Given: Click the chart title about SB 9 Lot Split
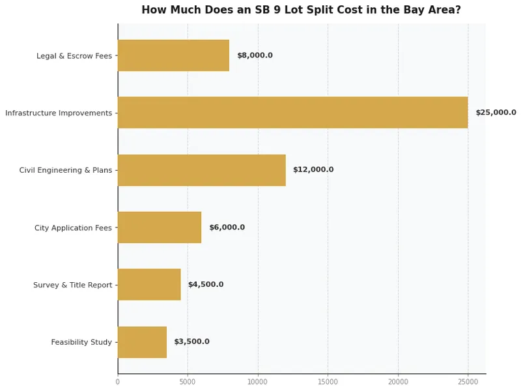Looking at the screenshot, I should tap(301, 10).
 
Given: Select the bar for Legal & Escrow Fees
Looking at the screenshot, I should tap(173, 55).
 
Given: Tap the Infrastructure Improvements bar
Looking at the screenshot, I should tap(292, 113).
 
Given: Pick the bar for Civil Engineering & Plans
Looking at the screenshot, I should tap(201, 170).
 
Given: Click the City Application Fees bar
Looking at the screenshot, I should tap(160, 227).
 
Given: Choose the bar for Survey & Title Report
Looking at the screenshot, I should tap(149, 285).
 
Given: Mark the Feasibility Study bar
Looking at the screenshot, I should tap(142, 342).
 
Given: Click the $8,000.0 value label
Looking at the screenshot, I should tap(255, 55).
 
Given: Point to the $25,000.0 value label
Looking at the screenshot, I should tap(496, 113).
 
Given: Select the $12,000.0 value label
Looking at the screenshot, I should tap(313, 170).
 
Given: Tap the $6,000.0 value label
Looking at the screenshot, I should tap(227, 227).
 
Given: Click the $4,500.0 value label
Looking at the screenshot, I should tap(206, 285).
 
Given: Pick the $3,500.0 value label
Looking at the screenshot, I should tap(191, 342).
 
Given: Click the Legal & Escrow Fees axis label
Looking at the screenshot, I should tap(74, 56).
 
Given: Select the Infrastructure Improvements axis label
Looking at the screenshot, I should tap(59, 113).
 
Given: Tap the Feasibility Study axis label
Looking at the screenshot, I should tap(81, 343).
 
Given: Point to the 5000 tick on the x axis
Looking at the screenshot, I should tap(188, 381).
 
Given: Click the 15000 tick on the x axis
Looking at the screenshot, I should tap(328, 381).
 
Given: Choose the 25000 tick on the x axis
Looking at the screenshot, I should tap(468, 381).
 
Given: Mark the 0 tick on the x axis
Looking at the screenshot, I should tap(118, 381).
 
